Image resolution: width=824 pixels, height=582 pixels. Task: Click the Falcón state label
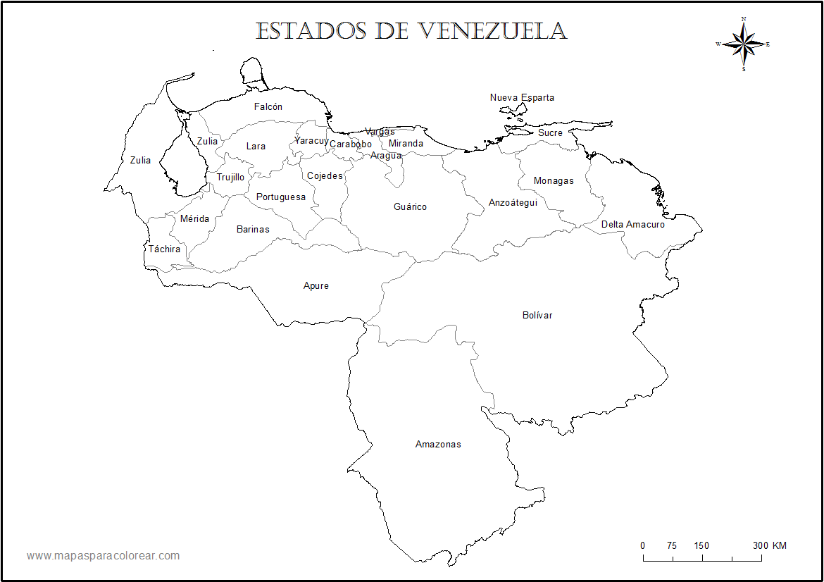(268, 107)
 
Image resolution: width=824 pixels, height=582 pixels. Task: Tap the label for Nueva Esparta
(522, 98)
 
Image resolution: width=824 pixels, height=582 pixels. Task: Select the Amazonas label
(438, 445)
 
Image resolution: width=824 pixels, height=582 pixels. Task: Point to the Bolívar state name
(537, 316)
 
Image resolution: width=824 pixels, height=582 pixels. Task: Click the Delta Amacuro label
(632, 225)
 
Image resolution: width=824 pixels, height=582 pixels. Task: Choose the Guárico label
(410, 207)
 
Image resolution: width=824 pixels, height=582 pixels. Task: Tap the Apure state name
(316, 286)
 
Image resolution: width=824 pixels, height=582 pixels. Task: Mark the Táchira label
(164, 249)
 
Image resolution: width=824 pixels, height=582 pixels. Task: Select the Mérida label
(194, 219)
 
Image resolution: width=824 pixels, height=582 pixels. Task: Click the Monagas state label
(554, 181)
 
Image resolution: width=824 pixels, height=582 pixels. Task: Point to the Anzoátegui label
(513, 203)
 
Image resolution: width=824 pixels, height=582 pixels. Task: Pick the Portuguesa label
(281, 197)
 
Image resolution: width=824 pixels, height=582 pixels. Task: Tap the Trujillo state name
(230, 178)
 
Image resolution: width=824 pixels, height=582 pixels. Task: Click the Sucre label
(550, 133)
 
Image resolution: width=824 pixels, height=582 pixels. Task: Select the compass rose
(744, 44)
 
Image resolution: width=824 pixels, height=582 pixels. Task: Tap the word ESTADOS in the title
(311, 31)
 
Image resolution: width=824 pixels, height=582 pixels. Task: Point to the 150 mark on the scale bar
(701, 546)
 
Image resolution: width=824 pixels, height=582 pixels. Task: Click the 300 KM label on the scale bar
(769, 546)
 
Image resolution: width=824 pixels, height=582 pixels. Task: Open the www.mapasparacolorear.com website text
(104, 556)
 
